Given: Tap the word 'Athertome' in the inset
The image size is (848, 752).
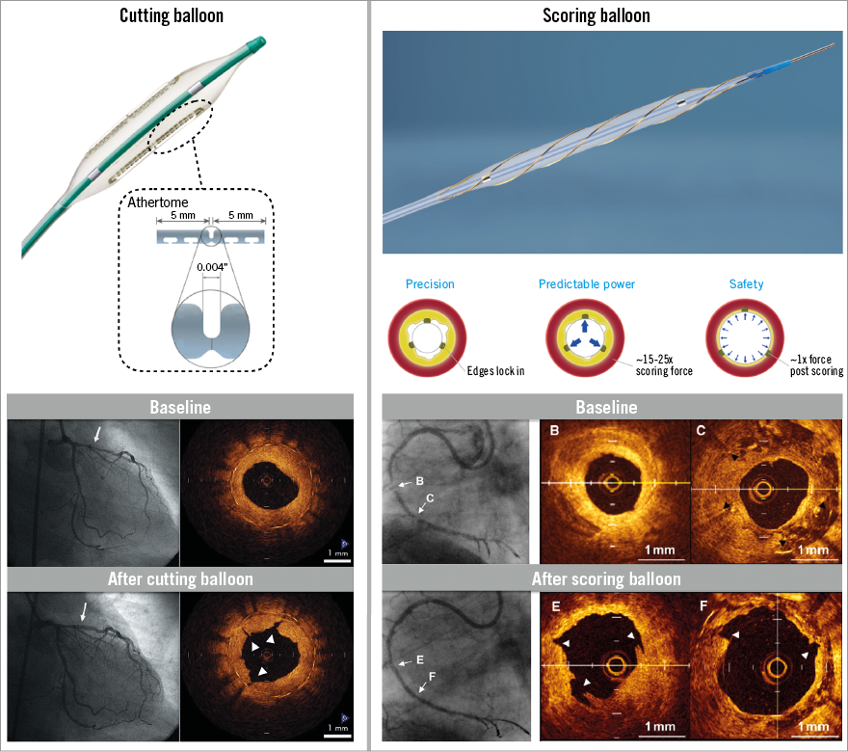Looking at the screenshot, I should point(158,202).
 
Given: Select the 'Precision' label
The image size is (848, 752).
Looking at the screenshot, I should point(430,284).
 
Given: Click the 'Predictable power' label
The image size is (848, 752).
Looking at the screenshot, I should point(587,284).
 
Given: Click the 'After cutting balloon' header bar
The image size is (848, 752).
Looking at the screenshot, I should point(180,579).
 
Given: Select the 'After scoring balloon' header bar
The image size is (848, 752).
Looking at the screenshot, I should point(606,579).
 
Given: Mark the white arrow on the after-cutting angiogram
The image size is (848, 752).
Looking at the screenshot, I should point(84,611).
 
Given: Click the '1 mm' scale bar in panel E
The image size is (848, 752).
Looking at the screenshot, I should point(659,725).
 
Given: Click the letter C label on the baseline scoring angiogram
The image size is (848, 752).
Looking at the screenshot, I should point(429,498).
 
